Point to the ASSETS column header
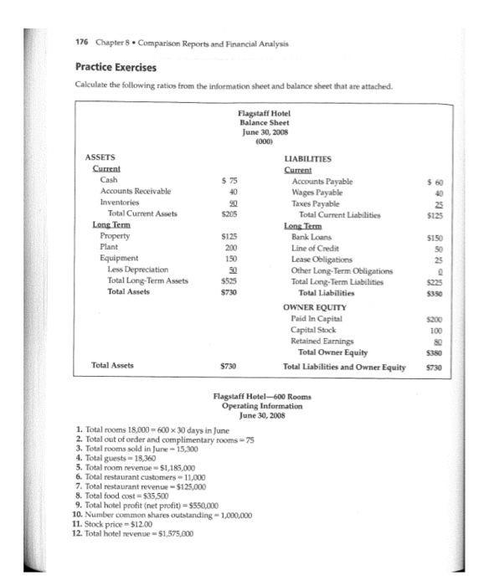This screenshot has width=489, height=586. click(x=102, y=157)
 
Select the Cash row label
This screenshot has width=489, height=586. click(x=108, y=179)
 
